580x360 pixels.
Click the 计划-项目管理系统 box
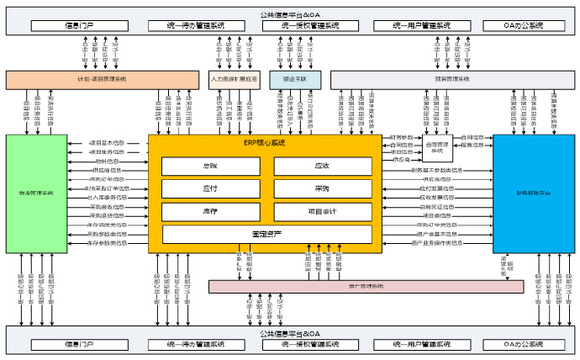[x=101, y=79]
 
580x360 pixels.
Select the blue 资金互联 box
[x=289, y=79]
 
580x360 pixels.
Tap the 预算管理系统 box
[x=453, y=79]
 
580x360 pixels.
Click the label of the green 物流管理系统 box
[x=35, y=193]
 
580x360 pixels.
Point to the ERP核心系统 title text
[x=264, y=143]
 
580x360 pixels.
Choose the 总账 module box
[x=209, y=167]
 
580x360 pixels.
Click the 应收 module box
[x=322, y=167]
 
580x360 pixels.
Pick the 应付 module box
[x=209, y=189]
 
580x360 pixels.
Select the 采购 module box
[x=322, y=189]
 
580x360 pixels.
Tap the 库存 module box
[x=209, y=212]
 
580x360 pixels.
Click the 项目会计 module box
[x=322, y=212]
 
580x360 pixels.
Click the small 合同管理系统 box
[x=439, y=148]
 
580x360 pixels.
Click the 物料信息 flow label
[x=108, y=161]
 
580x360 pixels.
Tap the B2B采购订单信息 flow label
[x=108, y=188]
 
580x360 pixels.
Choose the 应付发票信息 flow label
[x=437, y=188]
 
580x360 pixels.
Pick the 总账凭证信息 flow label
[x=437, y=206]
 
